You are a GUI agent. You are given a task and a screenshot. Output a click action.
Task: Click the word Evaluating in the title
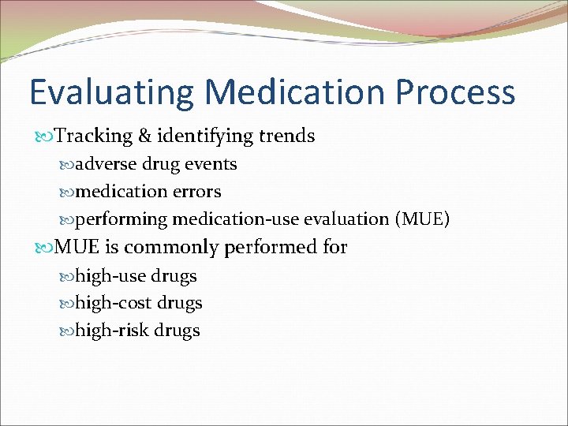pyautogui.click(x=110, y=93)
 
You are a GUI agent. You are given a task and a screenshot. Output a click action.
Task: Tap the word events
pyautogui.click(x=211, y=165)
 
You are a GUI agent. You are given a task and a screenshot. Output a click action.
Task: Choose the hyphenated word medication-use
pyautogui.click(x=236, y=219)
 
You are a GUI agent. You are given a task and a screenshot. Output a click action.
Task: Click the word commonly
pyautogui.click(x=172, y=248)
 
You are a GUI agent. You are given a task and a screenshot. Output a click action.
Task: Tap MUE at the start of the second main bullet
pyautogui.click(x=77, y=248)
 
